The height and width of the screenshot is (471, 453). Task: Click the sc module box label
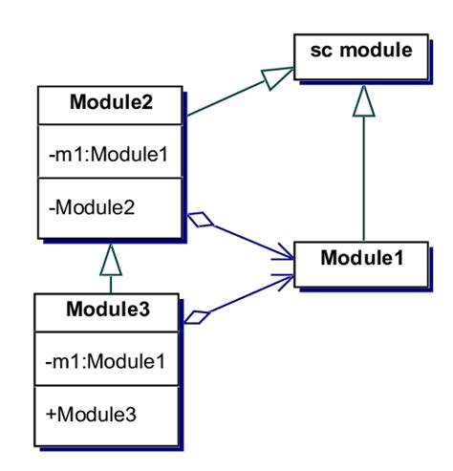pyautogui.click(x=360, y=49)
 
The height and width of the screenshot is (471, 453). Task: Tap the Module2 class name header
pyautogui.click(x=112, y=102)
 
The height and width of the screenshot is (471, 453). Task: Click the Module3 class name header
pyautogui.click(x=108, y=310)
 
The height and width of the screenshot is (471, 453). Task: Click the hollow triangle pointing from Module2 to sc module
pyautogui.click(x=277, y=80)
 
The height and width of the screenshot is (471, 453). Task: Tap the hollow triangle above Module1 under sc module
pyautogui.click(x=362, y=100)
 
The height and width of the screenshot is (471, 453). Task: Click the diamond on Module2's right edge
pyautogui.click(x=203, y=222)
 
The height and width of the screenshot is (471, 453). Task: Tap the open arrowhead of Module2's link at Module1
pyautogui.click(x=283, y=252)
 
